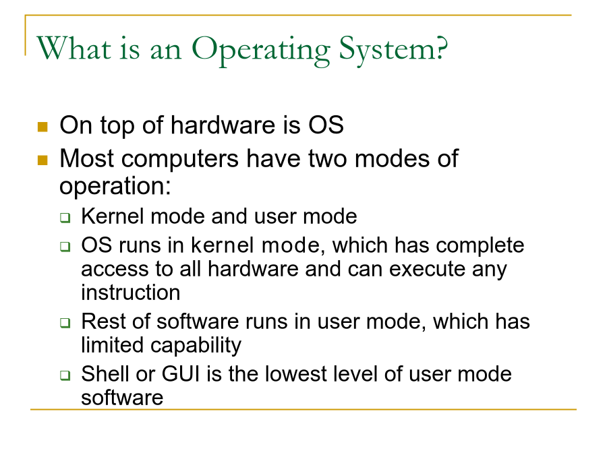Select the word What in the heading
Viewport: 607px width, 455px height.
[74, 48]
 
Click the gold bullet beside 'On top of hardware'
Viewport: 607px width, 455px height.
[42, 127]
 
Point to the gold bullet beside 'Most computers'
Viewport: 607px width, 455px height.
[42, 160]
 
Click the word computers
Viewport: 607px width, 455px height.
[180, 160]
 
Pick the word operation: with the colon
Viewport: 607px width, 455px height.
[115, 187]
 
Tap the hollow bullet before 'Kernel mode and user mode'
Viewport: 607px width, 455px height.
[65, 218]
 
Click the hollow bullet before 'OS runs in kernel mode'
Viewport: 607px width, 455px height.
[65, 247]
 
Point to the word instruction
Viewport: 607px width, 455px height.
[131, 293]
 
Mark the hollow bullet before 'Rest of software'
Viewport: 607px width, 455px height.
[65, 323]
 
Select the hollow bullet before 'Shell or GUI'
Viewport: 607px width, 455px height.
[65, 375]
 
